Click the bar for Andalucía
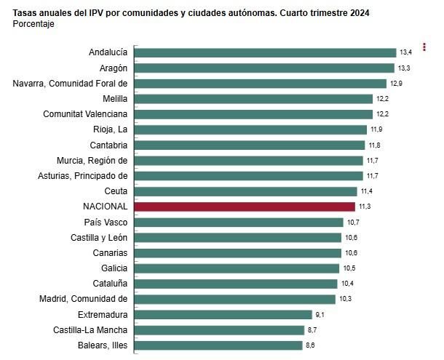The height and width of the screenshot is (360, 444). pyautogui.click(x=266, y=52)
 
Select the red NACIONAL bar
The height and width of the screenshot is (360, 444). pyautogui.click(x=245, y=207)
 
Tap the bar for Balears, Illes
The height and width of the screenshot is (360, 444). pyautogui.click(x=218, y=345)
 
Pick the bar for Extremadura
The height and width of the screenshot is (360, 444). pyautogui.click(x=223, y=315)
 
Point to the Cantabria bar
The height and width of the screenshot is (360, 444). pyautogui.click(x=250, y=145)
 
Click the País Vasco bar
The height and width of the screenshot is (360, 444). pyautogui.click(x=239, y=222)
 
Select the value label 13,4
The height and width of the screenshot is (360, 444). pyautogui.click(x=406, y=52)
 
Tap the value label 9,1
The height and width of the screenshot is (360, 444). pyautogui.click(x=319, y=315)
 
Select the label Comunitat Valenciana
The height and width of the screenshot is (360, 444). pyautogui.click(x=85, y=114)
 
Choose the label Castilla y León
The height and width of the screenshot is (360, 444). pyautogui.click(x=99, y=238)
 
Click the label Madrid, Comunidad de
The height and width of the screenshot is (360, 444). pyautogui.click(x=84, y=299)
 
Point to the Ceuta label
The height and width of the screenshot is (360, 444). pyautogui.click(x=116, y=191)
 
